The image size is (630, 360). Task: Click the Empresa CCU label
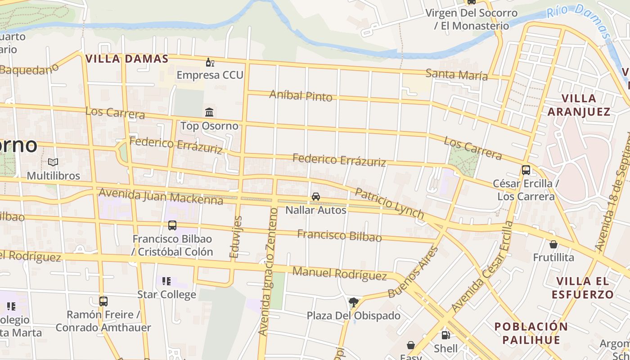210,75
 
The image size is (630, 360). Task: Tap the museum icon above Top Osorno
209,112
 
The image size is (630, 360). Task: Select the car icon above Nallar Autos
316,197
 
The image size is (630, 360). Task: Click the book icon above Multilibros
53,162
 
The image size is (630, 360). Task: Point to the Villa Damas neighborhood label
127,58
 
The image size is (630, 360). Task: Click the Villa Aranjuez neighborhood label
579,105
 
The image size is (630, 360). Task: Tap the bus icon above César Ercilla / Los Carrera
526,170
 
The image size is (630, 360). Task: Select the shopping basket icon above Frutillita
553,244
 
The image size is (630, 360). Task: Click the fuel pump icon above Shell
445,335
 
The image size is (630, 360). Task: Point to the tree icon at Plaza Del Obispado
354,302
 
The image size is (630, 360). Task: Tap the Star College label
166,295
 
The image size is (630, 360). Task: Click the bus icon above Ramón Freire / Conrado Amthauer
103,301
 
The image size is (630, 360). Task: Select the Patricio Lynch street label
390,204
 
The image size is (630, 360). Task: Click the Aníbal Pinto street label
301,95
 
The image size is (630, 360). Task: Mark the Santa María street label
457,75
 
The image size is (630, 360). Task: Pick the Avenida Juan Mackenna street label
161,197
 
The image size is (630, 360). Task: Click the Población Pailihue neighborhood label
531,333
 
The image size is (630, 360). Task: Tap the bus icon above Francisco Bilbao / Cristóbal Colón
172,225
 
